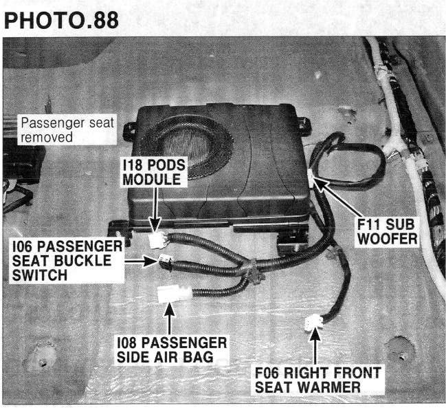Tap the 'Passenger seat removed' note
coord(67,130)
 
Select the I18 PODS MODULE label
coord(154,172)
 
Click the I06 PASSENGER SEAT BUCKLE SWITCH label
coord(67,261)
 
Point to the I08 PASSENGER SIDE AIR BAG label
coord(172,350)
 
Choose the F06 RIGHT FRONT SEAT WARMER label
coord(317,380)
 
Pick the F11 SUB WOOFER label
coord(387,231)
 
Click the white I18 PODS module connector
coord(157,239)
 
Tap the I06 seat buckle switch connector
coord(165,259)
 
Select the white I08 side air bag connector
coord(174,293)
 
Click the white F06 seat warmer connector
coord(313,323)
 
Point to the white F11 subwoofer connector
coord(311,178)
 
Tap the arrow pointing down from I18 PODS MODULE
coord(155,209)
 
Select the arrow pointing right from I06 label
coord(141,261)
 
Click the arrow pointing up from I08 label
coord(170,319)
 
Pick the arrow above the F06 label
coord(315,345)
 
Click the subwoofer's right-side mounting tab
coord(304,126)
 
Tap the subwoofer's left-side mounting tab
coord(129,131)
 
